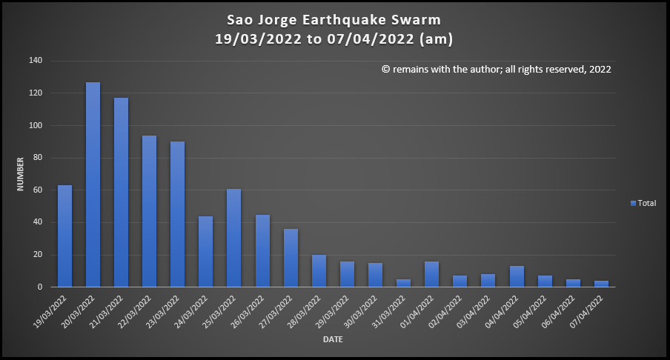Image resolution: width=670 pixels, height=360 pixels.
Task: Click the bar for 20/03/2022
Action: coord(93,184)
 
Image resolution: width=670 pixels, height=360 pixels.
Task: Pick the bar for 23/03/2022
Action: coord(177,214)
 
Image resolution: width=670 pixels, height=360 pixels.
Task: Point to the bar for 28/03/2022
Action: coord(319,270)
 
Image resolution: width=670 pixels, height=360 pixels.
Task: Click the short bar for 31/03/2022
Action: coord(403,283)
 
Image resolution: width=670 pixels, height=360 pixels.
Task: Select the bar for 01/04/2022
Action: coord(431,274)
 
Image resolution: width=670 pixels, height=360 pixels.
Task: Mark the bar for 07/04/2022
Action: coord(601,284)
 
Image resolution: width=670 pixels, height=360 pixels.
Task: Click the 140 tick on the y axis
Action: coord(36,61)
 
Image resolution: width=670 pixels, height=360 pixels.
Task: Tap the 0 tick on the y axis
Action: coord(40,287)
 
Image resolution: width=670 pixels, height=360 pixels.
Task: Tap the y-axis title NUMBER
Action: coord(21,173)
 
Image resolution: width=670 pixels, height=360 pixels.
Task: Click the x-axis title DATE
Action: coord(332,340)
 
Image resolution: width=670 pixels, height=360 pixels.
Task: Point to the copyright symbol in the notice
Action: coord(385,69)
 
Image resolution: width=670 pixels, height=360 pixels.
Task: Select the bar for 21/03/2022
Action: coord(121,193)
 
